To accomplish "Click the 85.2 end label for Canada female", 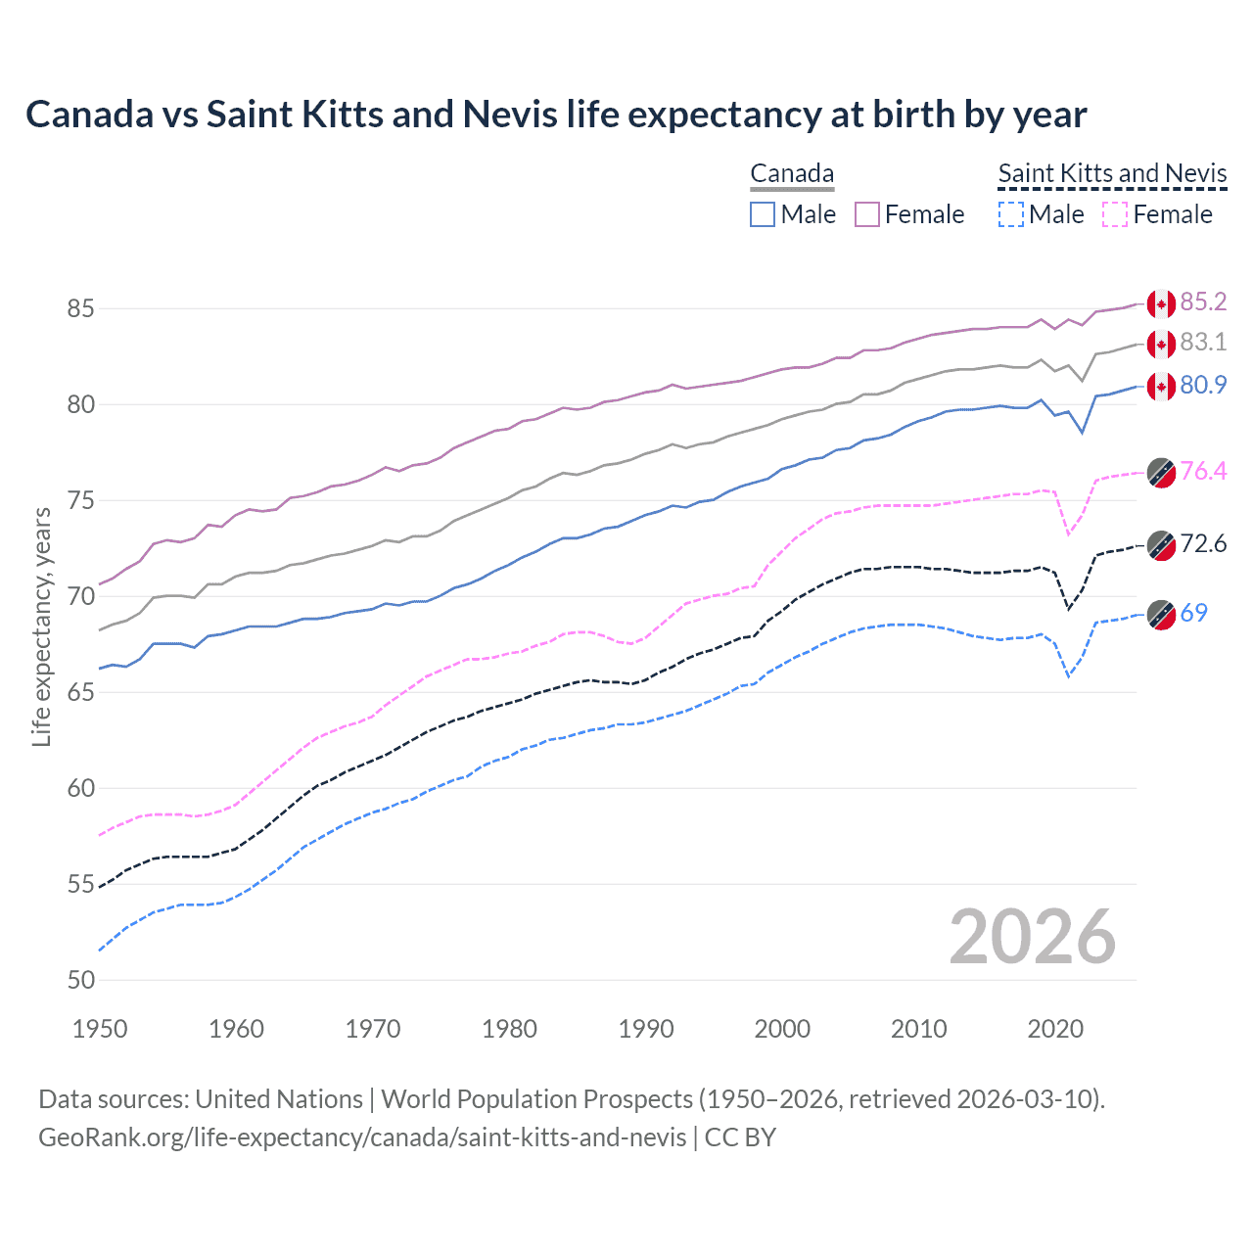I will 1203,302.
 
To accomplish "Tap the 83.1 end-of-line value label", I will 1203,342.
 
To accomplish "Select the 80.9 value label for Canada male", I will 1203,385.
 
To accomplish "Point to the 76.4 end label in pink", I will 1203,471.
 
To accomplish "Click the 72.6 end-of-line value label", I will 1203,543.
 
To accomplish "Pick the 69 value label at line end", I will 1193,613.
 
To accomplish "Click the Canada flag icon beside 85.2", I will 1161,304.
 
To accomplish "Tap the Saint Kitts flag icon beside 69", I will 1161,615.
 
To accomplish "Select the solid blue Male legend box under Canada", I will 763,214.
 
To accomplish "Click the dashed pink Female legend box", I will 1115,214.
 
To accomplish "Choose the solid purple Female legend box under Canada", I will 867,214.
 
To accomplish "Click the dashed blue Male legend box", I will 1011,214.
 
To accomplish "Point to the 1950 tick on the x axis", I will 100,1029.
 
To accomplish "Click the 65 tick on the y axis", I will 80,692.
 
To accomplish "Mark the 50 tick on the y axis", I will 80,980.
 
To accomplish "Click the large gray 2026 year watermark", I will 1032,937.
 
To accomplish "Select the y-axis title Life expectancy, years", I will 41,626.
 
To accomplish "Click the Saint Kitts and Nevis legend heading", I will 1112,173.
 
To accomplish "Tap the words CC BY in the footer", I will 740,1137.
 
